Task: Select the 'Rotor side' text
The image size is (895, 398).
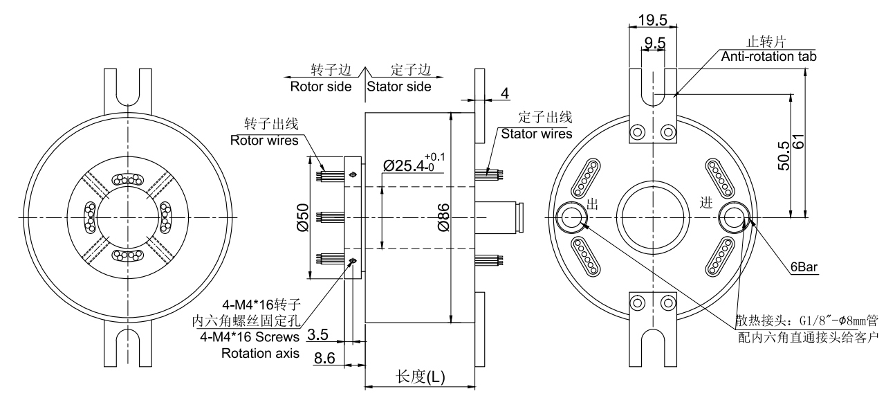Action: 320,87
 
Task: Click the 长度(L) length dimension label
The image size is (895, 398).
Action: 420,377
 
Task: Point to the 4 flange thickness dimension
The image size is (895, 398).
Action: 505,92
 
